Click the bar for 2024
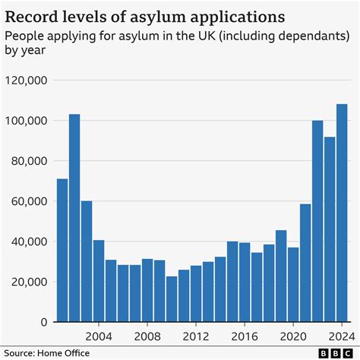[x=342, y=213]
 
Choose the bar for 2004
[x=99, y=281]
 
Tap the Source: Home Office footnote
[x=46, y=352]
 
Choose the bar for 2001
[x=62, y=250]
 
